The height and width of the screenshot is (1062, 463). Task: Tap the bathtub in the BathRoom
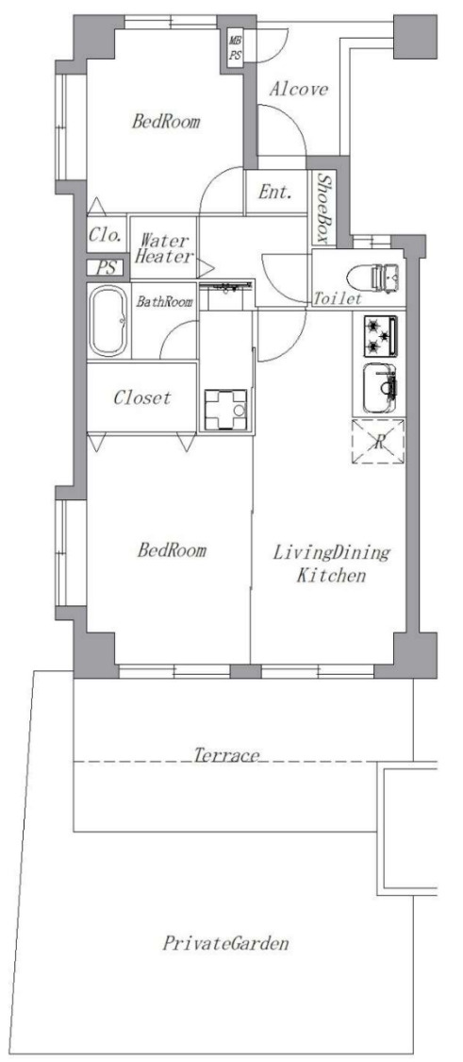tap(108, 321)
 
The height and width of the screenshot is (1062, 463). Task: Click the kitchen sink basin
tap(380, 389)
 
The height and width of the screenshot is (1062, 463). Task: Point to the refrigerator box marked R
tap(378, 442)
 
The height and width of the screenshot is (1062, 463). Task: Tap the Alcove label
tap(299, 90)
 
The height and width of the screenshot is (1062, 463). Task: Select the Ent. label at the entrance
tap(274, 192)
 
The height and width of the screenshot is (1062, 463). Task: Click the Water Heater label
tap(164, 248)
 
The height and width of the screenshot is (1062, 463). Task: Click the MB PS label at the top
tap(235, 49)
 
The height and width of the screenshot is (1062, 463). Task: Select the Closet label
tap(142, 397)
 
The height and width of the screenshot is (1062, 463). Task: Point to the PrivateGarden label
tap(225, 943)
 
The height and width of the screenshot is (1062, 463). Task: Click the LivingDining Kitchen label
tap(332, 564)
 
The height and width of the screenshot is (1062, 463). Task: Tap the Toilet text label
tap(337, 298)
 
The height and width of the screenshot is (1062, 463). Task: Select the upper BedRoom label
tap(166, 122)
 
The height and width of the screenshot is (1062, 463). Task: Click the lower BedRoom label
tap(172, 549)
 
